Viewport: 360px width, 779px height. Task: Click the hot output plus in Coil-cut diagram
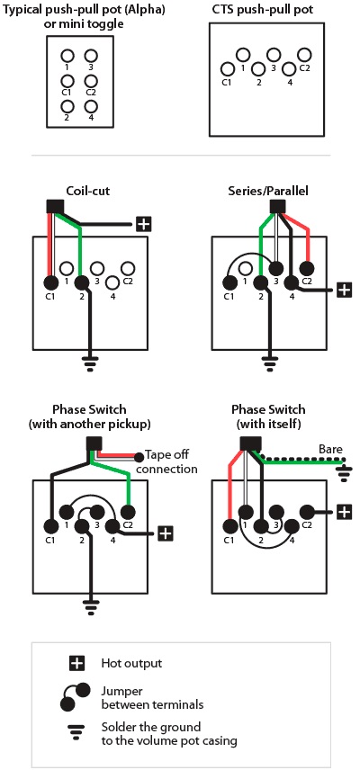tap(143, 224)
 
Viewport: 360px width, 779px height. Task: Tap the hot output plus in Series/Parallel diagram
tap(344, 290)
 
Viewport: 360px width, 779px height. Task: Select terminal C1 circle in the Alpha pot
tap(67, 80)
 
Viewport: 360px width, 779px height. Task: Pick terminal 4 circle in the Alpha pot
tap(91, 106)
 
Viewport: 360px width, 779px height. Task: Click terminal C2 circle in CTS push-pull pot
tap(304, 55)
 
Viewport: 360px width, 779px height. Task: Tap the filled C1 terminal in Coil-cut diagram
tap(50, 282)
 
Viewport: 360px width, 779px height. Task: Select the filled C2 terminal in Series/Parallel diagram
tap(306, 269)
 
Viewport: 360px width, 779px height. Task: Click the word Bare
tap(330, 449)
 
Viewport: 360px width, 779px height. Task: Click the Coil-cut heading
tap(88, 192)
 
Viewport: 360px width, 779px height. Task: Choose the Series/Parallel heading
tap(268, 192)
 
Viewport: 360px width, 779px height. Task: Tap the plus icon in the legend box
tap(77, 663)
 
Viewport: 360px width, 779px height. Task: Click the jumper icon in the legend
tap(76, 696)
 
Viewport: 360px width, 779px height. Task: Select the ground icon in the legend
tap(77, 732)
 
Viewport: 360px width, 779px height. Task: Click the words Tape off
tap(166, 455)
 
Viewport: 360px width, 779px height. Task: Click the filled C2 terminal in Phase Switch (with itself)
tap(306, 511)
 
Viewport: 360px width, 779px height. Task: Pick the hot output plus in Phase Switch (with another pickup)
tap(166, 533)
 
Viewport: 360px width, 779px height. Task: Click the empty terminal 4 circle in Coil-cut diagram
tap(112, 282)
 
